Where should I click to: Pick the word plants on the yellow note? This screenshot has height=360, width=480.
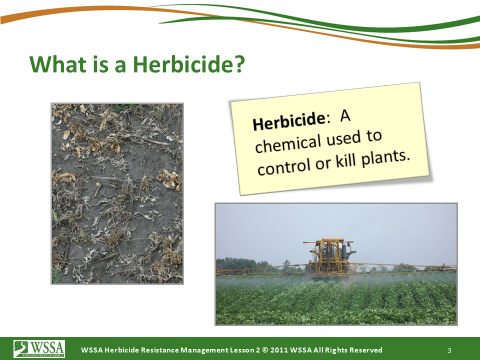[x=385, y=158]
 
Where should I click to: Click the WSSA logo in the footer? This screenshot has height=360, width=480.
[x=39, y=348]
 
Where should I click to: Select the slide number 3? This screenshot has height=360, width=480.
[x=449, y=350]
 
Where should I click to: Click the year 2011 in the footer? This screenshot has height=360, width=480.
[x=278, y=350]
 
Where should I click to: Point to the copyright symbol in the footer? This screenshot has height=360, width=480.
[x=265, y=350]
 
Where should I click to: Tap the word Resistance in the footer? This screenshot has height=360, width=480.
[x=160, y=350]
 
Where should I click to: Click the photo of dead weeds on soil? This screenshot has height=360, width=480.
[x=117, y=193]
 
